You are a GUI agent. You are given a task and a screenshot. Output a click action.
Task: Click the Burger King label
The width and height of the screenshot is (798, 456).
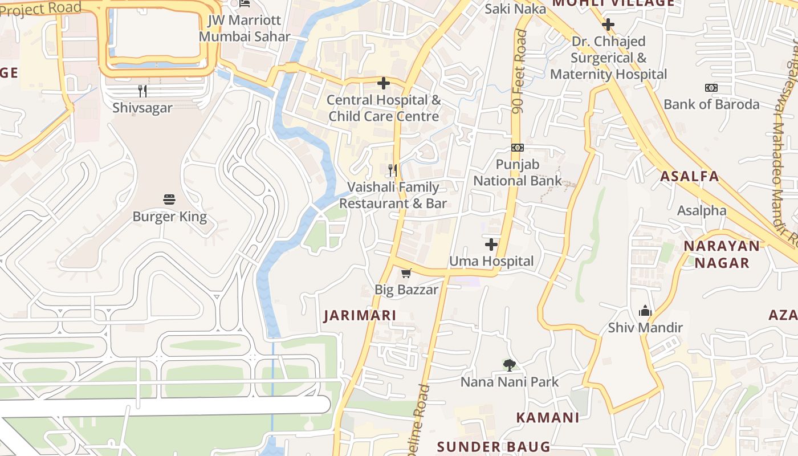(169, 217)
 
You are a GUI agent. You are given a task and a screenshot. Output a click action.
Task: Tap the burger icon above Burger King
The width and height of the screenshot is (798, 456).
(169, 199)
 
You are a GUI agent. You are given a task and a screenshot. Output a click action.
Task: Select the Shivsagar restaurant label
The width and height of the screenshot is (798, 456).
(142, 108)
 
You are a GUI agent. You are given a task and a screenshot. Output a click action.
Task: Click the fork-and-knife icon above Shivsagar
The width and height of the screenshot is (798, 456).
(142, 91)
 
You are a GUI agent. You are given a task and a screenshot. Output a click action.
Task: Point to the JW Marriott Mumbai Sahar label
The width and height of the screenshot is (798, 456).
(245, 28)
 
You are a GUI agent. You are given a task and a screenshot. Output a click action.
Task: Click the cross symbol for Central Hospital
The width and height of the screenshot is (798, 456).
(384, 84)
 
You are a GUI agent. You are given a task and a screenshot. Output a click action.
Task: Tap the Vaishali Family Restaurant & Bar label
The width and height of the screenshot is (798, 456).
(393, 195)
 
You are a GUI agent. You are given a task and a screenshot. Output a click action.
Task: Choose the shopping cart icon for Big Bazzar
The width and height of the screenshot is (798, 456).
(406, 274)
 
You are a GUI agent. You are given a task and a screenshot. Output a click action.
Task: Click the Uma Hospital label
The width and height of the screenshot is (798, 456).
(491, 262)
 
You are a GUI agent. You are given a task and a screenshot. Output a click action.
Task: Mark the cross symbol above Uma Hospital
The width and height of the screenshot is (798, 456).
(491, 245)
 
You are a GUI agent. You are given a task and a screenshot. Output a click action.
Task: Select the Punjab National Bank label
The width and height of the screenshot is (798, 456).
(517, 173)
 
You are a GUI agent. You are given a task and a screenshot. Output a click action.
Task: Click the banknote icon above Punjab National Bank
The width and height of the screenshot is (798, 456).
(517, 148)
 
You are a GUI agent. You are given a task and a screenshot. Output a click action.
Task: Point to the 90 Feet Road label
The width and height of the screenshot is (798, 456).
(519, 71)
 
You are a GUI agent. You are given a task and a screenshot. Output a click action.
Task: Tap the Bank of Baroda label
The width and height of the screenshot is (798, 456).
(711, 104)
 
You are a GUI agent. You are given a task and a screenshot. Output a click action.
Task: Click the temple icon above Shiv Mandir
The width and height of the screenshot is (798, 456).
(645, 311)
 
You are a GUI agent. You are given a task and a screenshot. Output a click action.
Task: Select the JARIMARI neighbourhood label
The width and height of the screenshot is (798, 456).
(360, 316)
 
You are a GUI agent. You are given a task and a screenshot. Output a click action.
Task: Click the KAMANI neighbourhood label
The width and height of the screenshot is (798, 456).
(547, 417)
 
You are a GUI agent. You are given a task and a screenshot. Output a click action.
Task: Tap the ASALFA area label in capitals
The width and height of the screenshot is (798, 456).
(690, 176)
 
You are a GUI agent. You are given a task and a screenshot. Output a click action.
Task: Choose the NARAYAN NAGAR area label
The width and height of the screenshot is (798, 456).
(722, 254)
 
